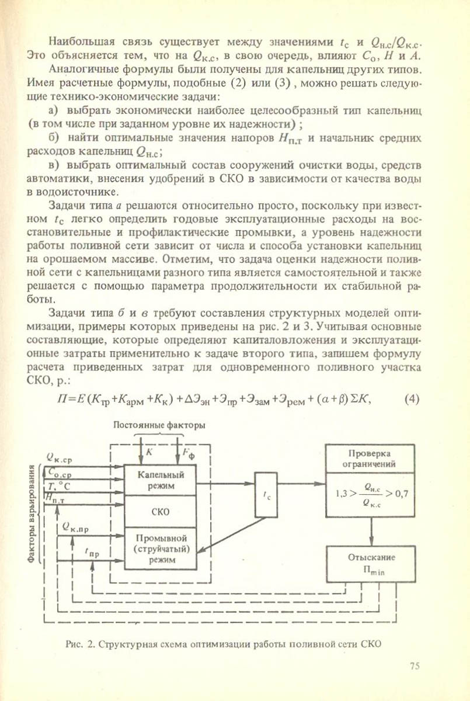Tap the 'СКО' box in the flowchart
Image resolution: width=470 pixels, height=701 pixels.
coord(161,512)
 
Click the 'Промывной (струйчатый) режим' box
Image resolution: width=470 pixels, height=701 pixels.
coord(161,548)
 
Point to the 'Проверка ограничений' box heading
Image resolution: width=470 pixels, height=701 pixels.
coord(370,459)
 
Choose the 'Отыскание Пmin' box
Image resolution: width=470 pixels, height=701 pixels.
coord(370,563)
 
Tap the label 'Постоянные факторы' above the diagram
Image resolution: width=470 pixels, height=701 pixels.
coord(159,425)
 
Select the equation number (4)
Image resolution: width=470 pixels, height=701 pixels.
coord(412,399)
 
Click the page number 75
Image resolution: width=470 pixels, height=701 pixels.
coord(415,667)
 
